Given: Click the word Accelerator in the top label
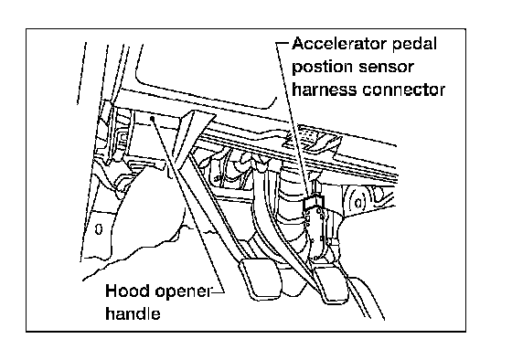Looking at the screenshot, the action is pos(339,44).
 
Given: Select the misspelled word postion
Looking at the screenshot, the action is pos(322,68).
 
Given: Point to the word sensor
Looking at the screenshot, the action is pos(386,68).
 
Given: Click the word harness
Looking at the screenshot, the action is pos(325,90).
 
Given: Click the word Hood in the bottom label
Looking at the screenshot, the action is pos(128,291).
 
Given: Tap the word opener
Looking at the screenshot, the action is pos(184,292).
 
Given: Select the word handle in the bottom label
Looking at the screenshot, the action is pos(133,313).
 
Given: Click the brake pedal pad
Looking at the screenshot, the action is pos(261,279).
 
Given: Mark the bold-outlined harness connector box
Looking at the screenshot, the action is pos(314,203).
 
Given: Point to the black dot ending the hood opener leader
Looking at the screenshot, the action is pos(152,118).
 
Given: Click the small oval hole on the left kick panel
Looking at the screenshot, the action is pos(99,229).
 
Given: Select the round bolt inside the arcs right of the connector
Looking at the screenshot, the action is pos(357,203).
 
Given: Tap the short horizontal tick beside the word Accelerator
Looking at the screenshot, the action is pos(283,43).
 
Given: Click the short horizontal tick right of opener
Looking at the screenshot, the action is pos(218,291).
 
